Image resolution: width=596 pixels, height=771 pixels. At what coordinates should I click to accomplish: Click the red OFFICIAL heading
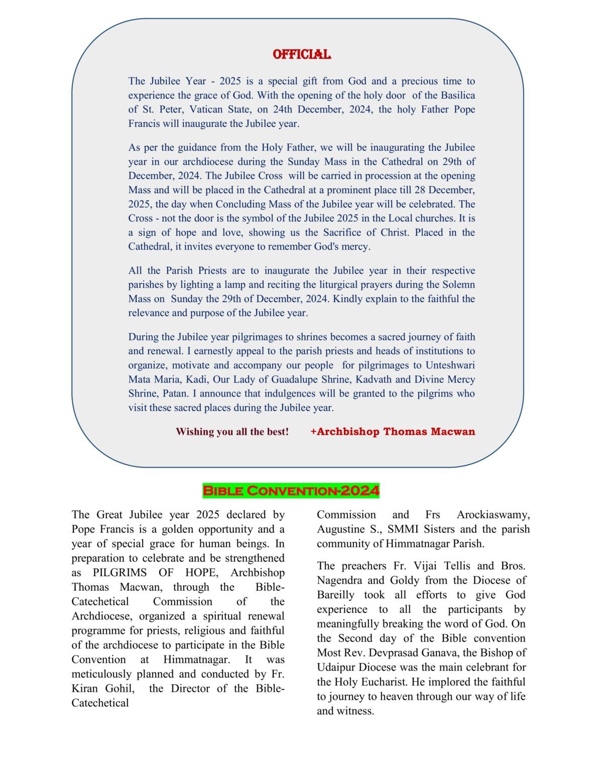click(301, 54)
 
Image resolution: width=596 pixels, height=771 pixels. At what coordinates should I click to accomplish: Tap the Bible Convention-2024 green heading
click(291, 490)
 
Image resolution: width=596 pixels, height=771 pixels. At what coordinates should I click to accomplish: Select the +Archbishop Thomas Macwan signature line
click(393, 432)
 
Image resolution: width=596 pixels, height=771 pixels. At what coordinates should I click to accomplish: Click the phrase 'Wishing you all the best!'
click(232, 432)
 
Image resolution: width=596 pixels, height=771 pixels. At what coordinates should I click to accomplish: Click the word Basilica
click(458, 95)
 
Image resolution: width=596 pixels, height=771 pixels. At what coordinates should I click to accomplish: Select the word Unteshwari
click(450, 365)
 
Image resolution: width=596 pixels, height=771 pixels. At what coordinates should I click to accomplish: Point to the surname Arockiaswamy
click(493, 515)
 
